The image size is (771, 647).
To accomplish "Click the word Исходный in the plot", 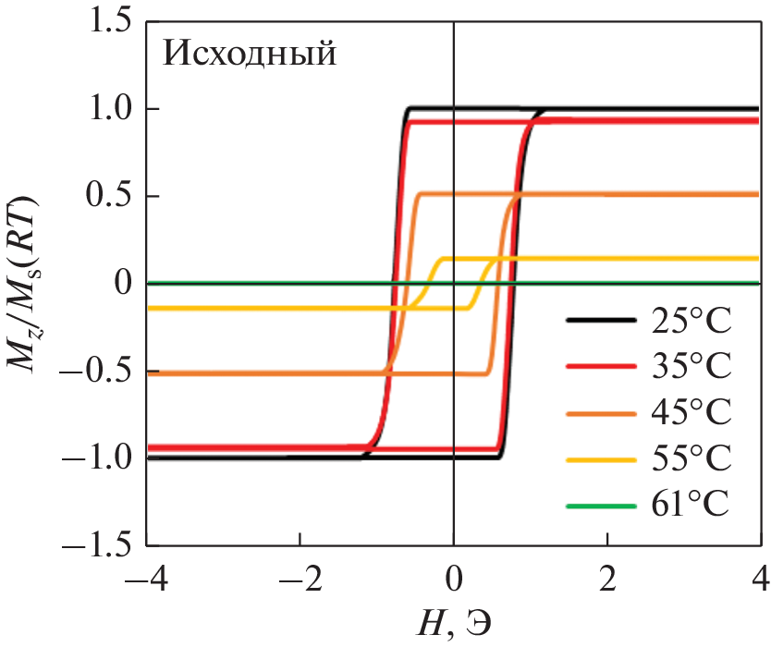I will coord(249,54).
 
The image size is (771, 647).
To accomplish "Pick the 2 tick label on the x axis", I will coord(607,582).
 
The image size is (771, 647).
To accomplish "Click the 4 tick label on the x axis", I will coord(760,582).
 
